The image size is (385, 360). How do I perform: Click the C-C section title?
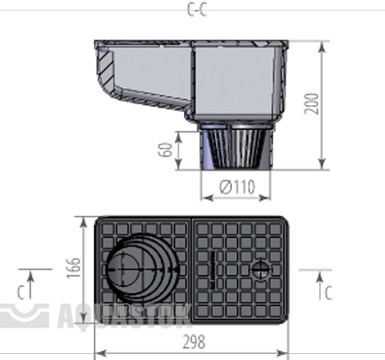click(197, 9)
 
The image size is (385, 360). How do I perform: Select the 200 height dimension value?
click(311, 103)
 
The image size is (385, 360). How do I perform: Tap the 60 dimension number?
click(165, 150)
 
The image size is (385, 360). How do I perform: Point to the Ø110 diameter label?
click(237, 187)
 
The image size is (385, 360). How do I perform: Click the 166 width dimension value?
click(73, 268)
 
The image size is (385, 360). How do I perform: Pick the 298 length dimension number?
click(194, 342)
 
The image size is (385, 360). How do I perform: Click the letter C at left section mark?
click(21, 292)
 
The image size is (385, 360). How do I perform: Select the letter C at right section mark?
click(329, 292)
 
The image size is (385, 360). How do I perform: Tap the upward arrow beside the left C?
click(31, 285)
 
